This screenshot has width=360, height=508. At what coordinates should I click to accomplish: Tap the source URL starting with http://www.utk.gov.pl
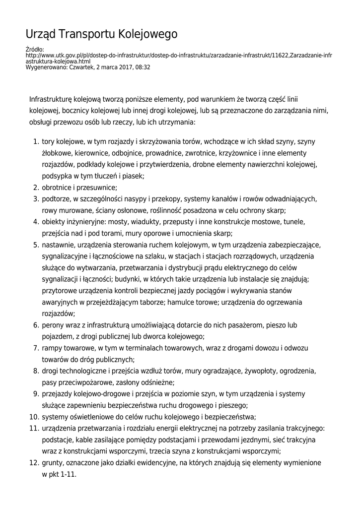click(178, 55)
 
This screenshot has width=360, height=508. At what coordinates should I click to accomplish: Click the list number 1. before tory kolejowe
click(36, 141)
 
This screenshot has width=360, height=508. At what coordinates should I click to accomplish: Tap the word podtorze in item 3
click(56, 198)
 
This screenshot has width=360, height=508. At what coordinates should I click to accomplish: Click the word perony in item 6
click(53, 325)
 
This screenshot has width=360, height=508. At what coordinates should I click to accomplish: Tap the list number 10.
click(34, 417)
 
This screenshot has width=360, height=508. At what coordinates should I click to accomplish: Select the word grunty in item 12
click(52, 462)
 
